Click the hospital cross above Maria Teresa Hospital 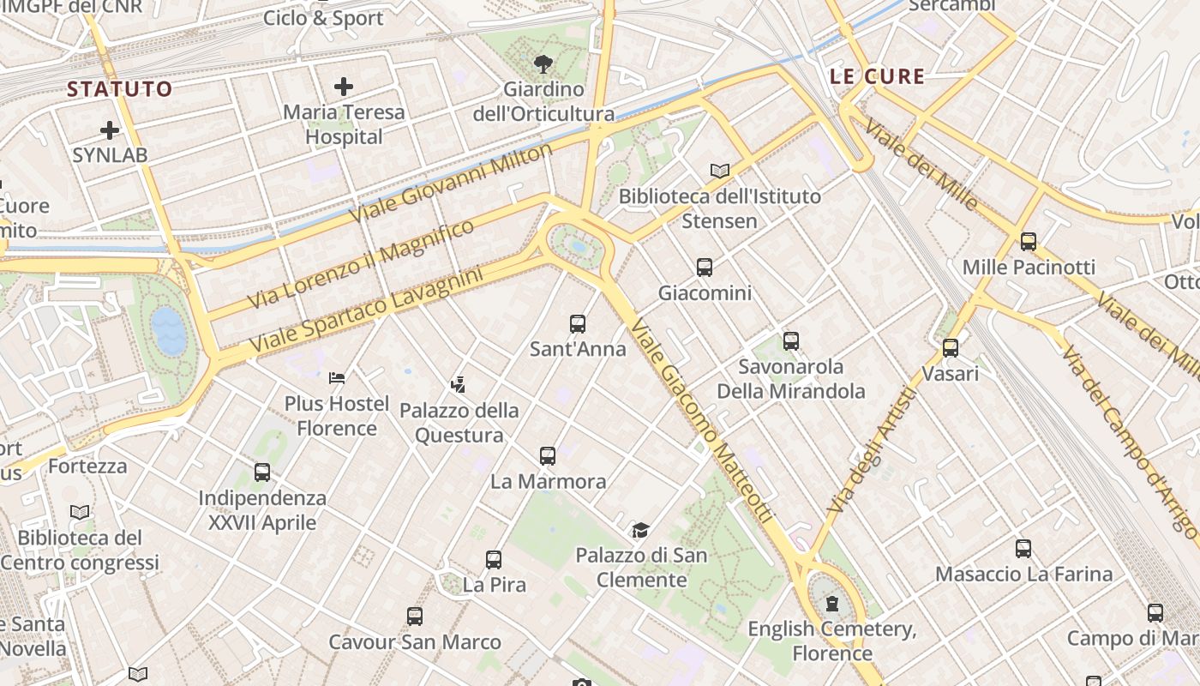click(x=344, y=87)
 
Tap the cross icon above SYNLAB click(x=110, y=130)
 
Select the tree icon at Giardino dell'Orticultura click(x=543, y=63)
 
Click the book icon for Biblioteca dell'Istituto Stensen click(x=720, y=171)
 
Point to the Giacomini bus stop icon click(x=705, y=268)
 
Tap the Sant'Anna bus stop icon click(x=578, y=324)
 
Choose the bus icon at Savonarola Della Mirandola click(x=791, y=341)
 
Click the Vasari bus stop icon click(x=950, y=348)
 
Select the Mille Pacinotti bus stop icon click(x=1029, y=242)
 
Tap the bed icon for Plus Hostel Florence click(x=337, y=378)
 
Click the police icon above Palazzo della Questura click(x=459, y=385)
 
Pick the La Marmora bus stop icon click(x=548, y=456)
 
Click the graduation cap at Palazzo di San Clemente click(x=640, y=530)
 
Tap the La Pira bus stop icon click(x=494, y=560)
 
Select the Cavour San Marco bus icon click(x=415, y=617)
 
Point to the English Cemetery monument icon click(x=831, y=604)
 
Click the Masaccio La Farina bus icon click(x=1023, y=549)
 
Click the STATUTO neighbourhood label click(x=120, y=88)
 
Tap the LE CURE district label click(x=878, y=76)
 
